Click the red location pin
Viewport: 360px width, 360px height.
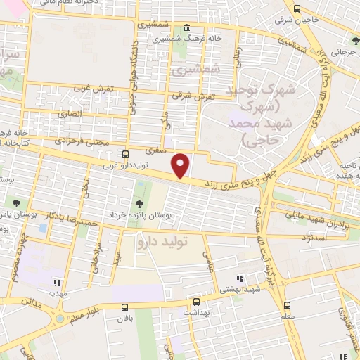(x=181, y=165)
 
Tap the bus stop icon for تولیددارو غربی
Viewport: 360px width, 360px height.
(x=125, y=154)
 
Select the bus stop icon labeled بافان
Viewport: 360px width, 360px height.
(x=125, y=307)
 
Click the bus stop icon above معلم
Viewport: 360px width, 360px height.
(x=287, y=305)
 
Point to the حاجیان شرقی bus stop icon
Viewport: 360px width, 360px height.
(x=297, y=9)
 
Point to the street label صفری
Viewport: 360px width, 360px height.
(x=155, y=150)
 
